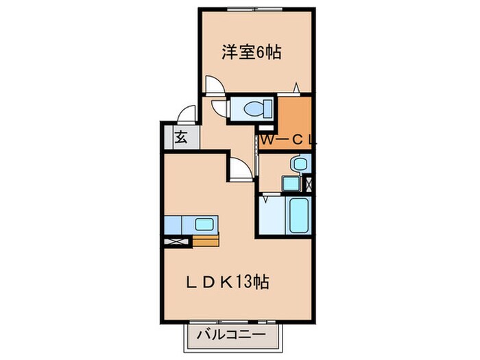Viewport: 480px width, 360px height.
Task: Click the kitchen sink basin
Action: click(x=204, y=224)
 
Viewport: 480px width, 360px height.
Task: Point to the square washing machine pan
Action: click(x=289, y=184)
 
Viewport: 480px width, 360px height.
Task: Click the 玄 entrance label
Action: click(x=180, y=137)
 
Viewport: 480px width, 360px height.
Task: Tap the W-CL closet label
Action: click(x=288, y=139)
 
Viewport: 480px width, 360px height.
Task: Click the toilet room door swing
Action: click(x=221, y=108)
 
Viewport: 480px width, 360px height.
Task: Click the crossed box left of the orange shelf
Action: click(x=178, y=240)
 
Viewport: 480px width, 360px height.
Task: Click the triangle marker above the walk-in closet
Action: click(x=296, y=87)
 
